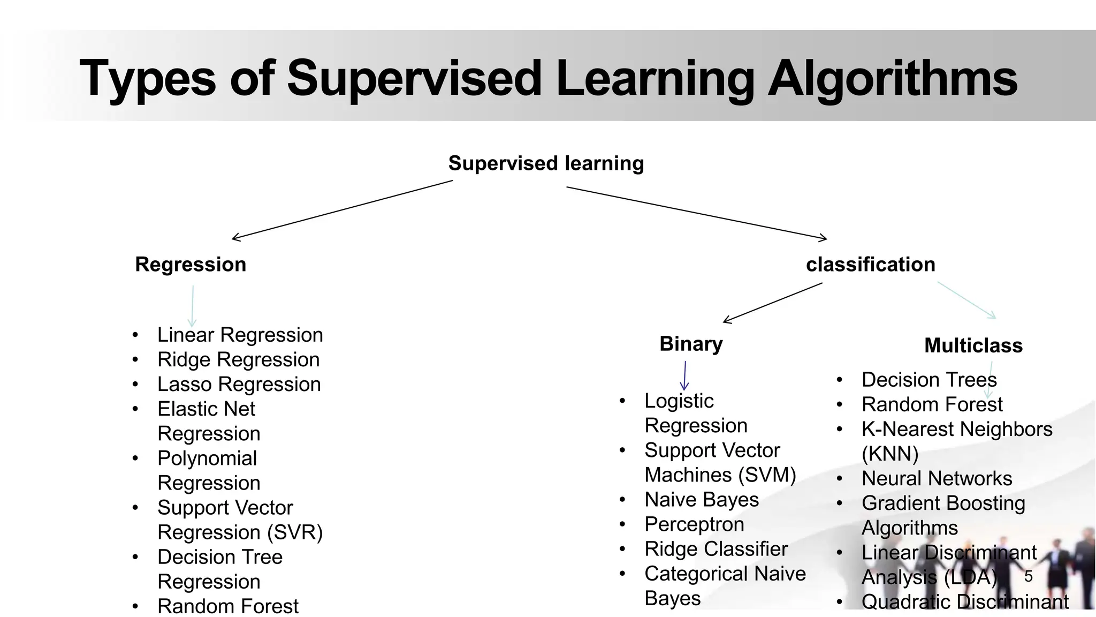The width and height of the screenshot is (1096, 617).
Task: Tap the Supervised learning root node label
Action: pyautogui.click(x=546, y=163)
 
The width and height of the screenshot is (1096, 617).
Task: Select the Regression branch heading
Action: pyautogui.click(x=191, y=265)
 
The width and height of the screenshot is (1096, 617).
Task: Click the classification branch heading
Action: pyautogui.click(x=871, y=265)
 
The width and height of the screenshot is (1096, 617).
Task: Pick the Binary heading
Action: pyautogui.click(x=691, y=344)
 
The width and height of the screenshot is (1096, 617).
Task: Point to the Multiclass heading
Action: pyautogui.click(x=973, y=345)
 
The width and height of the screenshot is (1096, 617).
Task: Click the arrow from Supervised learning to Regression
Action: pyautogui.click(x=342, y=209)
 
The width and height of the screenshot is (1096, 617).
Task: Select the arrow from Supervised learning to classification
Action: pyautogui.click(x=696, y=212)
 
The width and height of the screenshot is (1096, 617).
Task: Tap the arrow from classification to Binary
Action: pyautogui.click(x=773, y=303)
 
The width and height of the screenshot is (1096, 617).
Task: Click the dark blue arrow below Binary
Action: pyautogui.click(x=684, y=375)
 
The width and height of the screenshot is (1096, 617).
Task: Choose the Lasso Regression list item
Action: pyautogui.click(x=239, y=385)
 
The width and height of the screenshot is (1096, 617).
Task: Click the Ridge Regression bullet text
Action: pyautogui.click(x=238, y=360)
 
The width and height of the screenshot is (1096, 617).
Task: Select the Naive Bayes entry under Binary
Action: pyautogui.click(x=702, y=500)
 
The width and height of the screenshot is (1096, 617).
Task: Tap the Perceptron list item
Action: pyautogui.click(x=694, y=524)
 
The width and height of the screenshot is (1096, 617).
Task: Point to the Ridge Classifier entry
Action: pyautogui.click(x=716, y=549)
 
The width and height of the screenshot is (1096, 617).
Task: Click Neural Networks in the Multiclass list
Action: pyautogui.click(x=937, y=478)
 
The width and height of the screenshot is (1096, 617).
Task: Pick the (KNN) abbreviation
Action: pyautogui.click(x=890, y=454)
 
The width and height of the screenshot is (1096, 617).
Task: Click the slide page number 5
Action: pyautogui.click(x=1028, y=576)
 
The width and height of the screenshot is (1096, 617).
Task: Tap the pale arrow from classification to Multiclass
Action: pyautogui.click(x=966, y=300)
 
